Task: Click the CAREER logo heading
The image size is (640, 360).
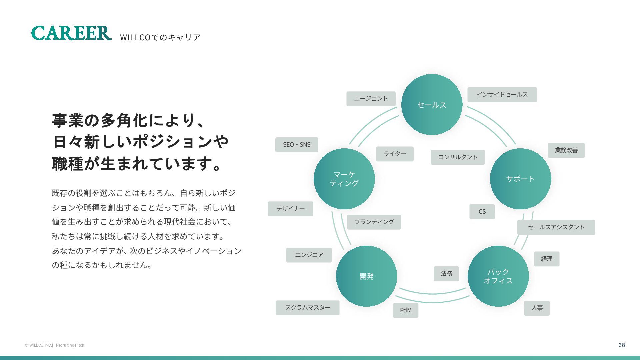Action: [71, 33]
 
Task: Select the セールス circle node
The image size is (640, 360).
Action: [432, 105]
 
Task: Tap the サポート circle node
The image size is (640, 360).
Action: [520, 179]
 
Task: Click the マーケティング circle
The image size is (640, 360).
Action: [344, 179]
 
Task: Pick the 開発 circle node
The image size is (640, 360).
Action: [366, 276]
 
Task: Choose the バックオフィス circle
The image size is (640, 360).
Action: [498, 276]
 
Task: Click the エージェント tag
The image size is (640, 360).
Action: [371, 99]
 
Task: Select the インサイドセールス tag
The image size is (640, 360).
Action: [502, 95]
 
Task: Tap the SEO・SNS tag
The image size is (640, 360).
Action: [297, 145]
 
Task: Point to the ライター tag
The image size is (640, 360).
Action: [395, 154]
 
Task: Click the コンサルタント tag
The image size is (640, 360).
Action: [457, 157]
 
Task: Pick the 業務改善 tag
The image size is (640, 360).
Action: [566, 150]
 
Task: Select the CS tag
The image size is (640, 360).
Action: [482, 212]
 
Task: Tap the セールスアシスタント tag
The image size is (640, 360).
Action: [556, 227]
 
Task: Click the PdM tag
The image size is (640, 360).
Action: [406, 310]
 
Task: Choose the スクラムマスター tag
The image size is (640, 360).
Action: [307, 308]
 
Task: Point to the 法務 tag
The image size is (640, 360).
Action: [446, 274]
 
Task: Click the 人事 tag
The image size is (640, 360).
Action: [537, 308]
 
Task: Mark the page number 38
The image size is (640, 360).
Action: [622, 345]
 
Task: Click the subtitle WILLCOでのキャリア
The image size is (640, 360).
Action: [160, 37]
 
